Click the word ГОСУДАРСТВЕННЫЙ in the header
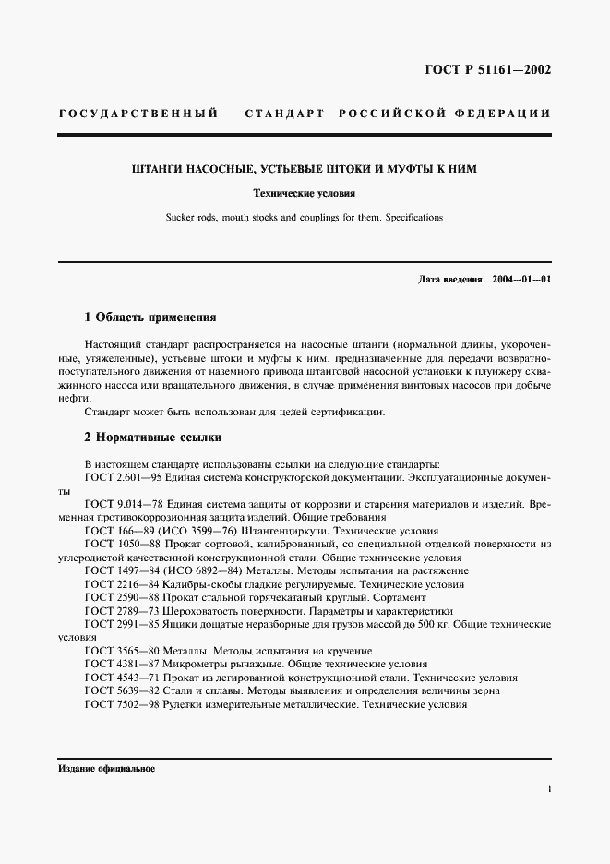pyautogui.click(x=138, y=114)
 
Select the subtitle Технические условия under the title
pyautogui.click(x=304, y=194)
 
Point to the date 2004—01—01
pyautogui.click(x=521, y=279)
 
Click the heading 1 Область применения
pyautogui.click(x=150, y=318)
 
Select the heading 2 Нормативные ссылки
pyautogui.click(x=152, y=437)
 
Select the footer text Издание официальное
pyautogui.click(x=106, y=768)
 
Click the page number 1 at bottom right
pyautogui.click(x=549, y=789)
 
